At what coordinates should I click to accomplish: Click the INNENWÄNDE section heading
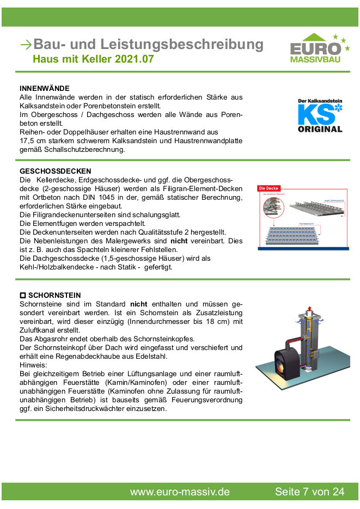[45, 88]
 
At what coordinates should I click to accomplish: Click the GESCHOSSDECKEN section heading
[55, 171]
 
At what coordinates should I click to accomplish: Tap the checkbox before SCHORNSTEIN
[23, 296]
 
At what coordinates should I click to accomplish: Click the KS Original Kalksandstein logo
[320, 116]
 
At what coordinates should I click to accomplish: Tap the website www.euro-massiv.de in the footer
[179, 492]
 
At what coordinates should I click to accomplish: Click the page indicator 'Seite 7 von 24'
[309, 492]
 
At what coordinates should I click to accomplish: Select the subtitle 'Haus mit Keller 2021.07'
[93, 59]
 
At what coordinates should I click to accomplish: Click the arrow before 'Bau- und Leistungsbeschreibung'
[25, 45]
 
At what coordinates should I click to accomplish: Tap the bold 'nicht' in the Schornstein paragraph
[138, 304]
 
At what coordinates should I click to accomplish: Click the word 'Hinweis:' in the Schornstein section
[34, 365]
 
